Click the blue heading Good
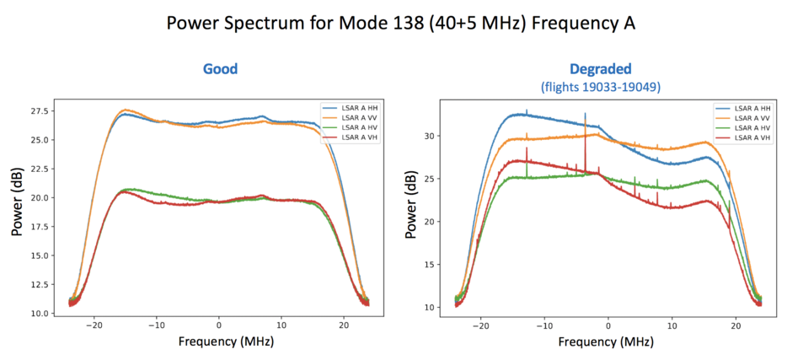(220, 69)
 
